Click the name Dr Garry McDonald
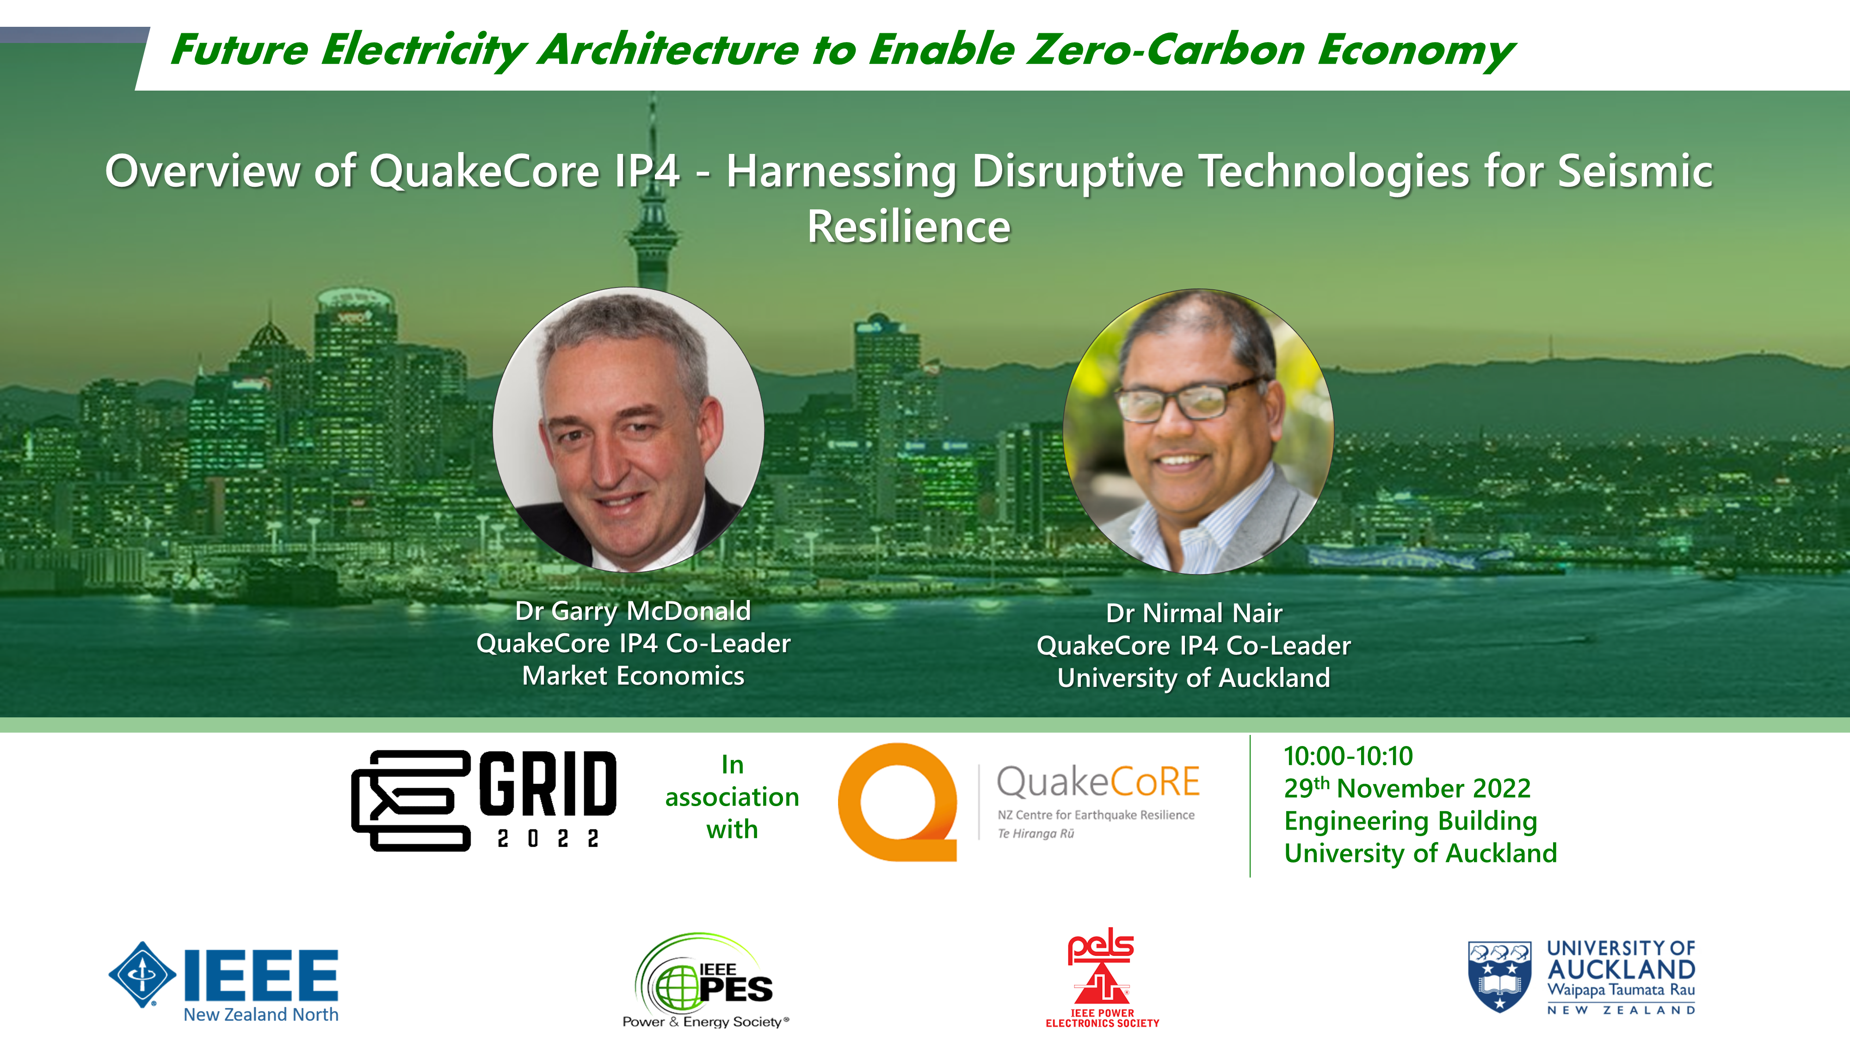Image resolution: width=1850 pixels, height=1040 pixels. point(633,611)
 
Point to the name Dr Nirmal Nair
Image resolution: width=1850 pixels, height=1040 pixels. point(1194,613)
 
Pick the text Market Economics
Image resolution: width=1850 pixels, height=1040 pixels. point(633,675)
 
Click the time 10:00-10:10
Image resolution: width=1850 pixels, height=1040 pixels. point(1348,756)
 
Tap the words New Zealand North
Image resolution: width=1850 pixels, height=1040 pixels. point(261,1014)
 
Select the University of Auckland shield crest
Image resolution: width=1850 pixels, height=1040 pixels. point(1499,976)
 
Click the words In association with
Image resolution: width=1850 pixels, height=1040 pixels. point(732,797)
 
